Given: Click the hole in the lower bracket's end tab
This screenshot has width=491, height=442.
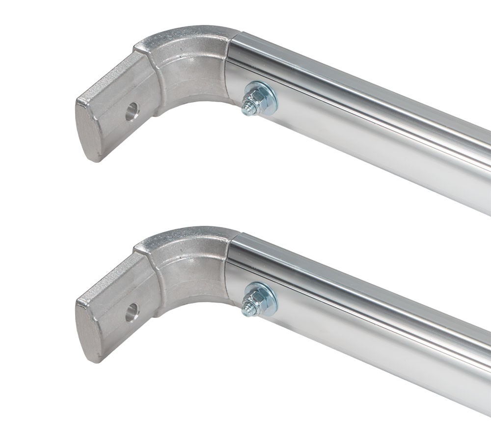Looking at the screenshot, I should point(131,312).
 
